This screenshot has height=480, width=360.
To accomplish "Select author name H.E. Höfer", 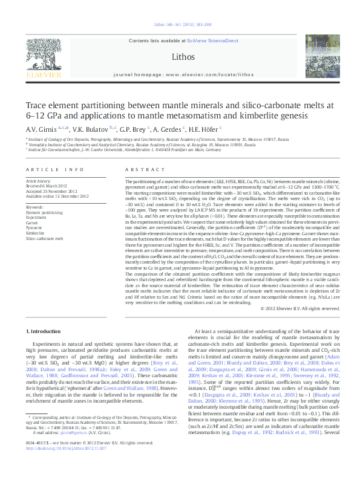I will click(206, 129).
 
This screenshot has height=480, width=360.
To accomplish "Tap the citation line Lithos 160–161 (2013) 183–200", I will click(179, 25).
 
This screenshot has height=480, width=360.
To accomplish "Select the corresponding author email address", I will click(67, 450).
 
